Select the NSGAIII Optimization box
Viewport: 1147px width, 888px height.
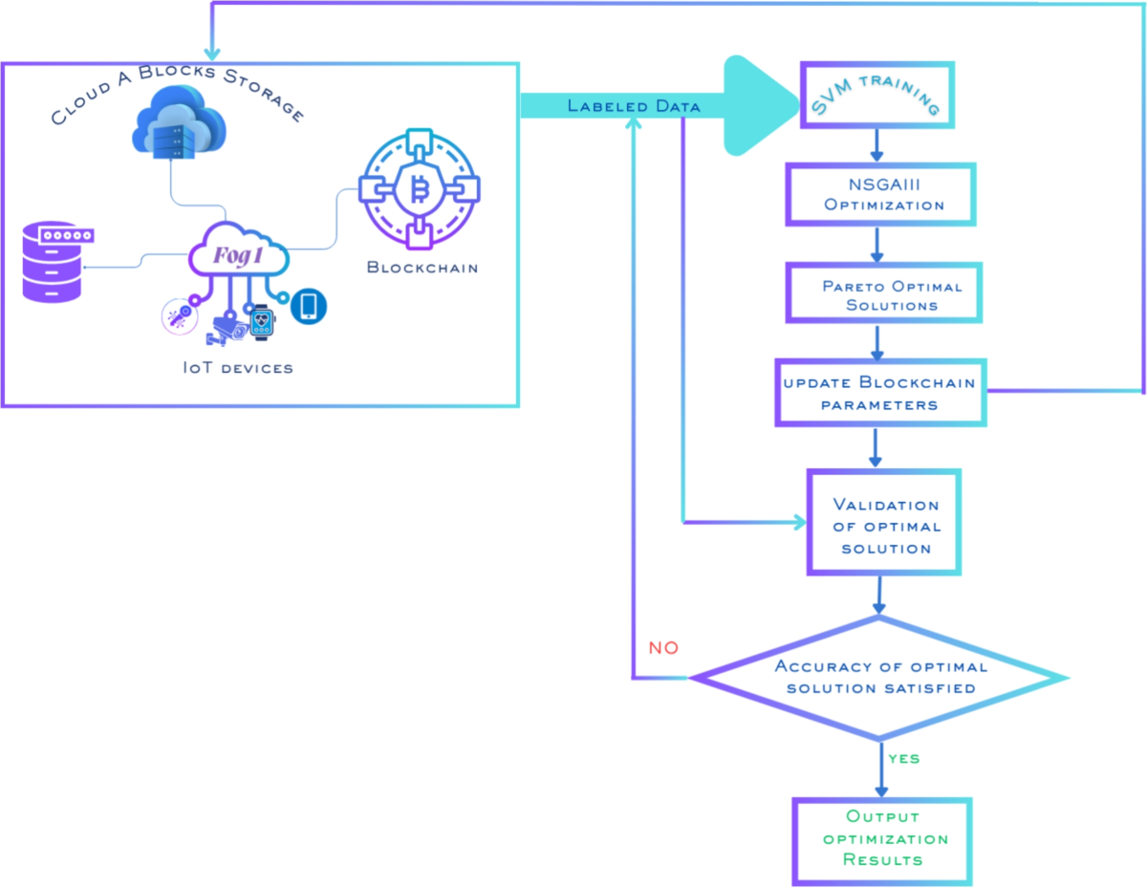tap(879, 194)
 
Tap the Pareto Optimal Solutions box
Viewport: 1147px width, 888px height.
tap(879, 295)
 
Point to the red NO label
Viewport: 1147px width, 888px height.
tap(663, 648)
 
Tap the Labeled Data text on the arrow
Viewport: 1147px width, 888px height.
tap(634, 106)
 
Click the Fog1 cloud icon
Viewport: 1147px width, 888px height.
tap(239, 253)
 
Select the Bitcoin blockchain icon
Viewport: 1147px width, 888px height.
tap(417, 190)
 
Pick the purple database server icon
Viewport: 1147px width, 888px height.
tap(51, 262)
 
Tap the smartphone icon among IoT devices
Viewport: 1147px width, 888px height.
tap(308, 306)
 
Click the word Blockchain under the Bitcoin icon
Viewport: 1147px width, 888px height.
tap(422, 267)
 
